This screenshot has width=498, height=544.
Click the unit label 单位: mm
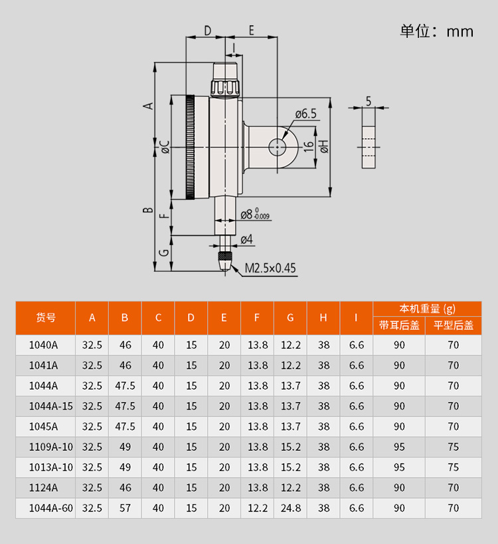coord(437,31)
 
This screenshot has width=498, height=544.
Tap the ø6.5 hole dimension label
coord(306,114)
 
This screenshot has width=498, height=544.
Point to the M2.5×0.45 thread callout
coord(270,268)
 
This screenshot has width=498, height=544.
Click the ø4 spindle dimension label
coord(246,239)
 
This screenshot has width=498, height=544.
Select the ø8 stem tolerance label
coord(255,214)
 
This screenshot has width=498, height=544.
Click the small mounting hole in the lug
coord(277,147)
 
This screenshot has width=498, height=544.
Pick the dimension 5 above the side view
coord(369,102)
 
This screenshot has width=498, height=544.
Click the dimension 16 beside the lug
coord(308,147)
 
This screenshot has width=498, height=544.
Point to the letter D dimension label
coord(207,31)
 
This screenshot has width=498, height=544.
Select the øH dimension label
coord(324,147)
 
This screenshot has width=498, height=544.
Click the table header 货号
coord(46,317)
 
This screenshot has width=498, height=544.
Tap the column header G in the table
coord(290,317)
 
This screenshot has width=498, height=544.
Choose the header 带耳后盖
coord(399,325)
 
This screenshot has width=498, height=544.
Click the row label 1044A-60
coord(51,508)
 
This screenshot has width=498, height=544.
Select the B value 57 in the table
coord(125,508)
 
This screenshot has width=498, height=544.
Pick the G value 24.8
coord(291,508)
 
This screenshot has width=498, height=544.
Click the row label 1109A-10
coord(51,447)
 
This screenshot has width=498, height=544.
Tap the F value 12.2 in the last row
coord(258,508)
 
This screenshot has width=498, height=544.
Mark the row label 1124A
coord(43,488)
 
